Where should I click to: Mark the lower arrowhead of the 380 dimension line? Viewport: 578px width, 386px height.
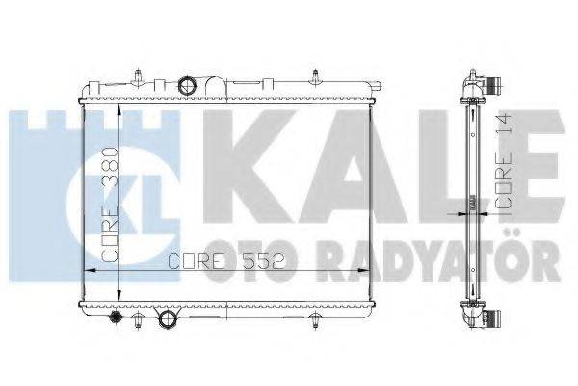119,299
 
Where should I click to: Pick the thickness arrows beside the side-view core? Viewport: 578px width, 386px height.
472,203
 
